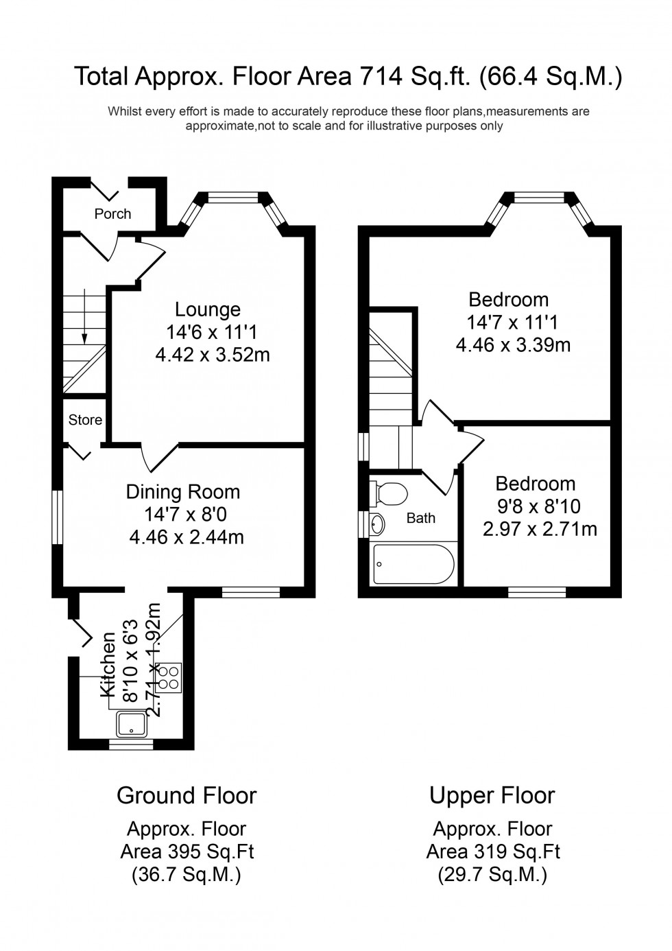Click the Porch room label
pos(112,213)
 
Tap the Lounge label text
pos(207,309)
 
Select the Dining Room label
pos(183,492)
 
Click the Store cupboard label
pos(85,419)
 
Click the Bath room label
pos(420,518)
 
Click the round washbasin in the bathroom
pos(376,524)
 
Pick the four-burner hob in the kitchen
pos(169,676)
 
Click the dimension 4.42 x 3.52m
pos(213,355)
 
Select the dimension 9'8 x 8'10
pos(540,506)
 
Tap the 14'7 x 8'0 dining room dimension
pos(185,515)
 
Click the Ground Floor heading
pos(187,795)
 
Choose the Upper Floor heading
pos(492,795)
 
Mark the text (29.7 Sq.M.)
pos(492,875)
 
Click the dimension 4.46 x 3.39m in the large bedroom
pos(513,344)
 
